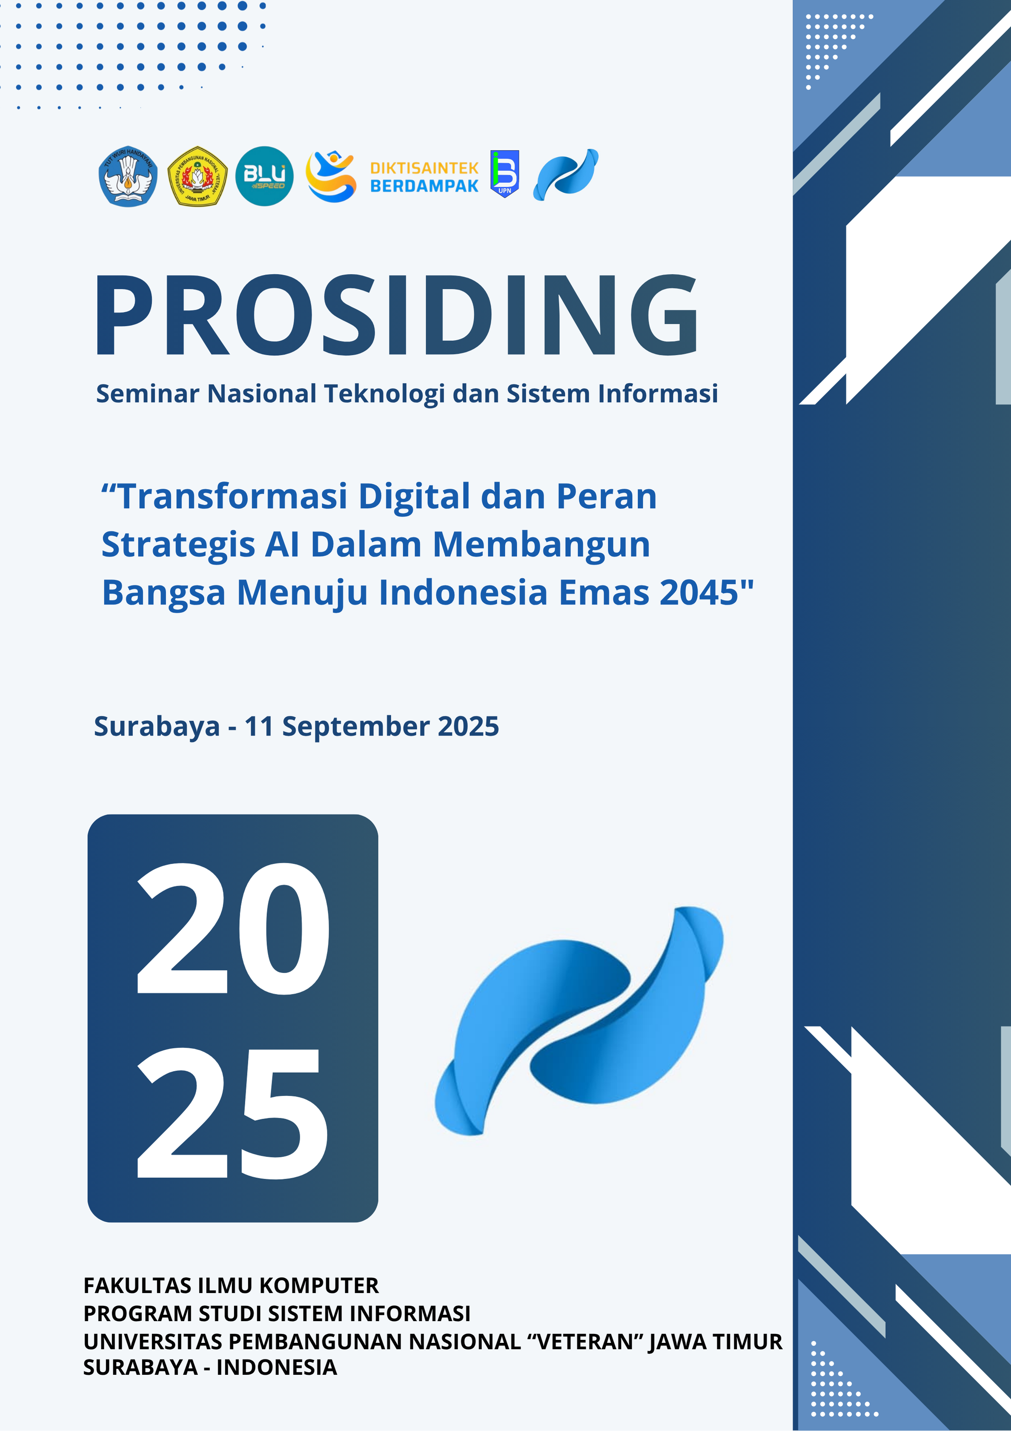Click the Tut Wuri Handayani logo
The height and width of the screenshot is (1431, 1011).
click(x=128, y=177)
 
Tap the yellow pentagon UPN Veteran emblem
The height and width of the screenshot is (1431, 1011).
click(x=198, y=177)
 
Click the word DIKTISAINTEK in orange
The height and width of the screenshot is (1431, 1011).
click(x=424, y=168)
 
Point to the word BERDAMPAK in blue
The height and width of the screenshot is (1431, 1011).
click(x=424, y=186)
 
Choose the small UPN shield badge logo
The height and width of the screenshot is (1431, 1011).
click(x=504, y=174)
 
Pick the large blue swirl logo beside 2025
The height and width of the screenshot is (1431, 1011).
click(x=579, y=1020)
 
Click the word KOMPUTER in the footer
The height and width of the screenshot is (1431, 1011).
click(x=319, y=1286)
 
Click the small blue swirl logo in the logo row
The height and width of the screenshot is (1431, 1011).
click(x=566, y=175)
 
